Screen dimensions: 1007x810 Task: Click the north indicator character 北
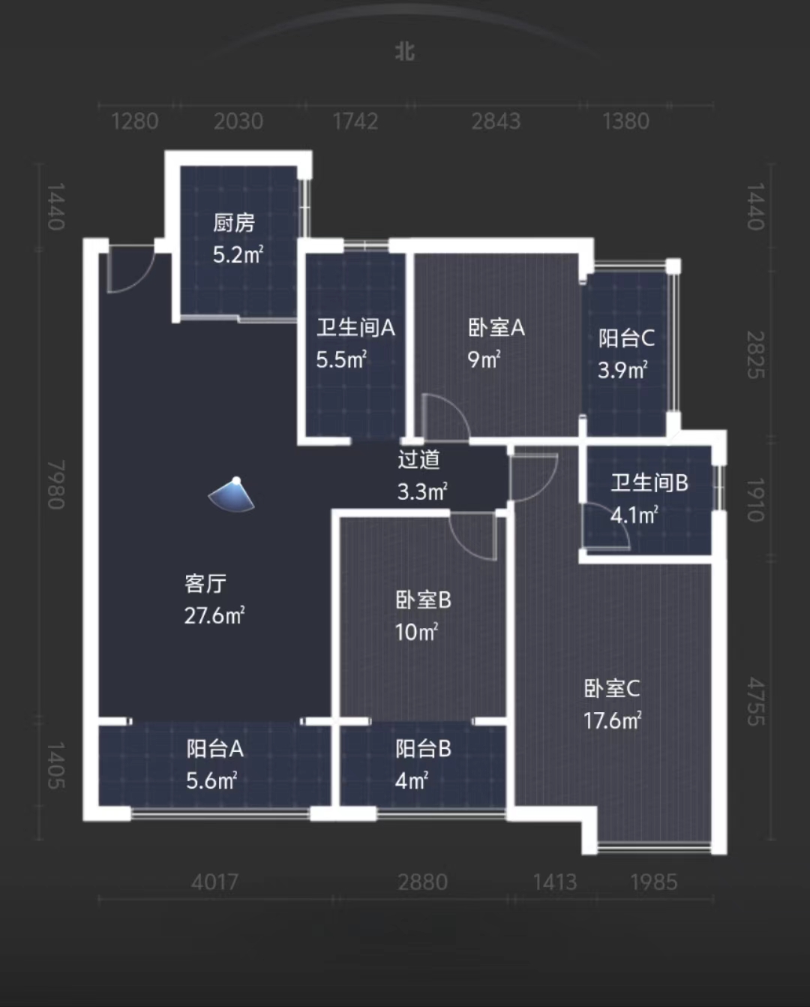click(x=405, y=51)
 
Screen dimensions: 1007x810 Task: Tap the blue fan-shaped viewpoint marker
click(x=232, y=496)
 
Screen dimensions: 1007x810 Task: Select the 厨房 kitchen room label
click(x=234, y=223)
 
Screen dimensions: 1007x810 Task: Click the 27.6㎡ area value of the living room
click(x=214, y=616)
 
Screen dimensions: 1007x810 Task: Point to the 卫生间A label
click(x=355, y=328)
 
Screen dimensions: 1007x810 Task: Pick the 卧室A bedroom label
click(x=496, y=328)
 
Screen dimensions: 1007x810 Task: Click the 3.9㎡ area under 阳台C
click(x=622, y=370)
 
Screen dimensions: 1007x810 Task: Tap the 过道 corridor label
click(x=418, y=459)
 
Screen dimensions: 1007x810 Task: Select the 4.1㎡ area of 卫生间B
click(x=634, y=516)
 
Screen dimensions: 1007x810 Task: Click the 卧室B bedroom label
click(x=424, y=600)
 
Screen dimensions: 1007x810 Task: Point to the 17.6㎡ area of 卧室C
click(x=613, y=721)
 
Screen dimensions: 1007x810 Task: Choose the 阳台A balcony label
click(x=215, y=749)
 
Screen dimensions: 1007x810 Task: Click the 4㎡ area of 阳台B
click(x=412, y=781)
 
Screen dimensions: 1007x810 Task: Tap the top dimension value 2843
click(x=496, y=121)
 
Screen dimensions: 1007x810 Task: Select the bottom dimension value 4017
click(x=214, y=882)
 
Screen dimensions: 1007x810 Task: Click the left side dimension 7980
click(x=56, y=485)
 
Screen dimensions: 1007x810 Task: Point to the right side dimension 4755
click(x=755, y=702)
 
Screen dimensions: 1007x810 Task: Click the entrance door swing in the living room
click(x=127, y=269)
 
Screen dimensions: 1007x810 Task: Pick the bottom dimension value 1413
click(x=555, y=882)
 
